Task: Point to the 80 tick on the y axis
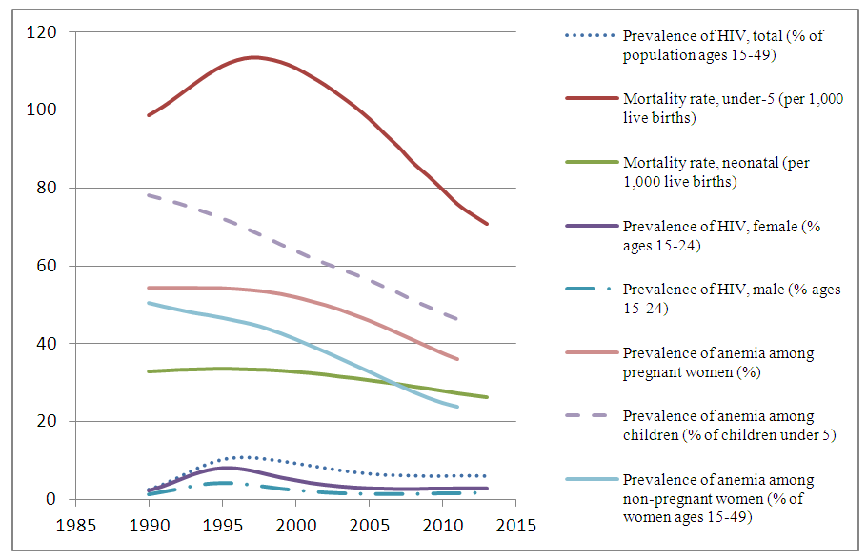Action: (x=46, y=188)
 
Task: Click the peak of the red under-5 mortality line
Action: (x=253, y=57)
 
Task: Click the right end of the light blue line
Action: (x=457, y=407)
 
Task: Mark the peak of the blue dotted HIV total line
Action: (x=244, y=457)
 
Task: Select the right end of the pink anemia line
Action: (x=457, y=359)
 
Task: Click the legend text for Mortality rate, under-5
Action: (x=733, y=108)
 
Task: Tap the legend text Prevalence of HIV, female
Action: (x=721, y=235)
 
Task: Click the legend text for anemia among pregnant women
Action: (x=718, y=362)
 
